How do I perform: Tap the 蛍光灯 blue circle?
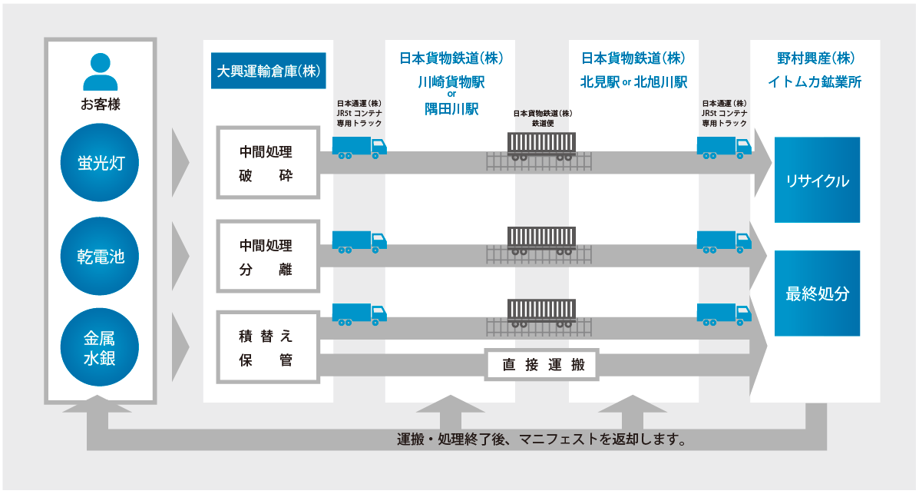point(101,163)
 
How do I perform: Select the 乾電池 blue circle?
point(101,257)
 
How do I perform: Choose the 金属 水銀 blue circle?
point(101,347)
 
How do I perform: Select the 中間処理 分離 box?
point(267,257)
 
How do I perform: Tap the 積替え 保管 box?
point(267,348)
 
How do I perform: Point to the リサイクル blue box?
point(817,181)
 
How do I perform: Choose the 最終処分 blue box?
point(817,293)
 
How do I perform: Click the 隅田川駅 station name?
point(451,109)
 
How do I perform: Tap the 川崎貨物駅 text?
point(451,81)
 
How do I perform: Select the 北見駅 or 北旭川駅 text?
point(633,81)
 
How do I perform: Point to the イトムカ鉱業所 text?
point(815,81)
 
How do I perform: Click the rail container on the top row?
point(541,145)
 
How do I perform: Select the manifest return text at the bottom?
point(540,440)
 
